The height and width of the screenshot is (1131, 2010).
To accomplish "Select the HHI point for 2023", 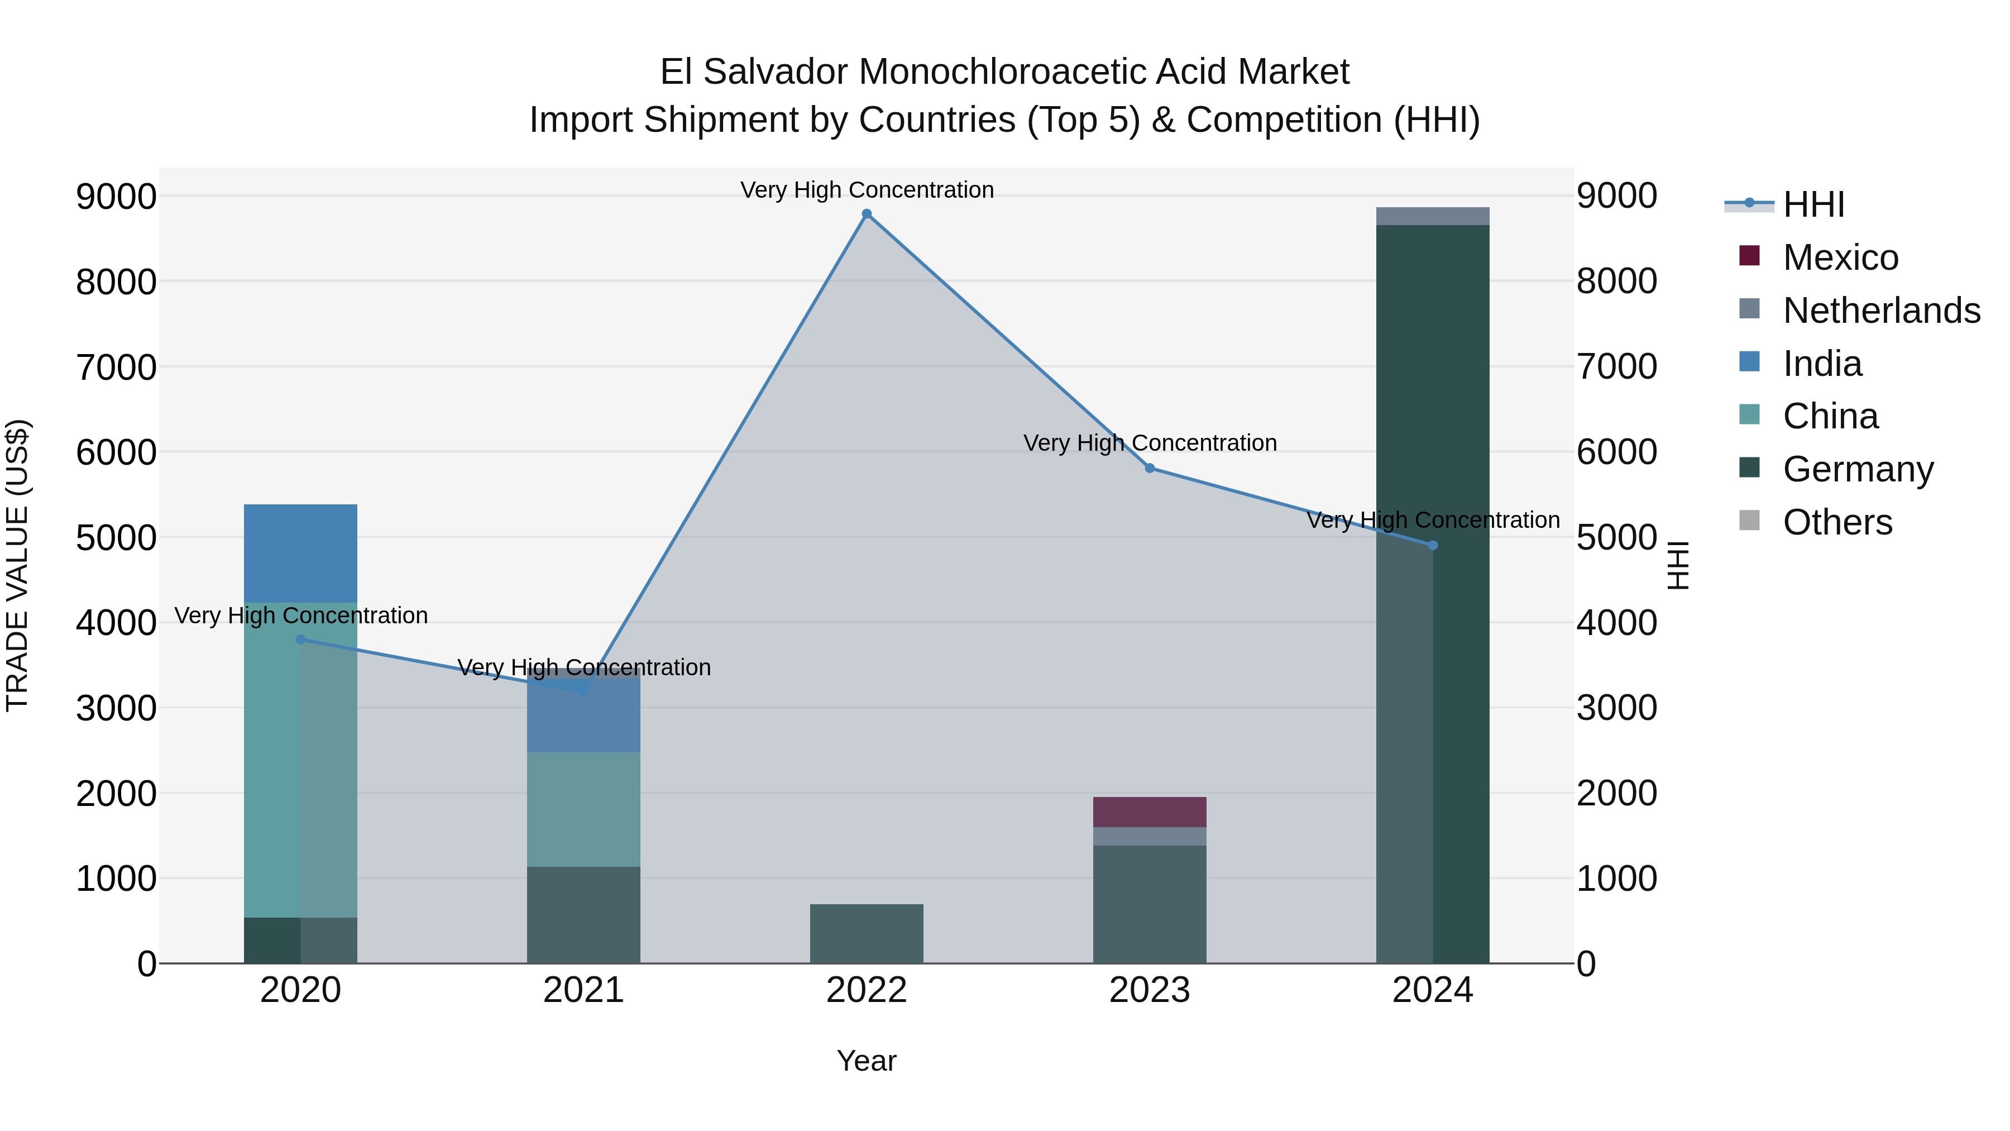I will coord(1150,469).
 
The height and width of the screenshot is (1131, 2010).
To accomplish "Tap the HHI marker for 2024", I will coord(1433,546).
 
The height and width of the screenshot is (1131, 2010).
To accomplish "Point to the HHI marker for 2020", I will coord(300,640).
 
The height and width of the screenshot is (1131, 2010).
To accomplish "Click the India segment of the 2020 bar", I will coord(300,553).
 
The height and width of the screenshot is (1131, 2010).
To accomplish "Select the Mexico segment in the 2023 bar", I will coord(1150,812).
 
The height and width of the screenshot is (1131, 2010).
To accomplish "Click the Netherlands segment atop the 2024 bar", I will coord(1433,216).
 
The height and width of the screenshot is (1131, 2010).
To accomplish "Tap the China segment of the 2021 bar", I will coord(583,809).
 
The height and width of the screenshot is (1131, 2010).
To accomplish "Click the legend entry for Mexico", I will coord(1840,257).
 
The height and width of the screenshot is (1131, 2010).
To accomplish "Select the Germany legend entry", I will coord(1857,469).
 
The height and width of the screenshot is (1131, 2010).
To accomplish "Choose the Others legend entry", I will coord(1837,522).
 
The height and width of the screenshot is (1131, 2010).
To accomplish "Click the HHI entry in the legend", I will coord(1813,204).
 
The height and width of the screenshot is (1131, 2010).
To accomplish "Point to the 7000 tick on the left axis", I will coord(116,367).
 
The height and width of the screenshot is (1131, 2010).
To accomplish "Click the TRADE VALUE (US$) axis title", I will coord(17,565).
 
